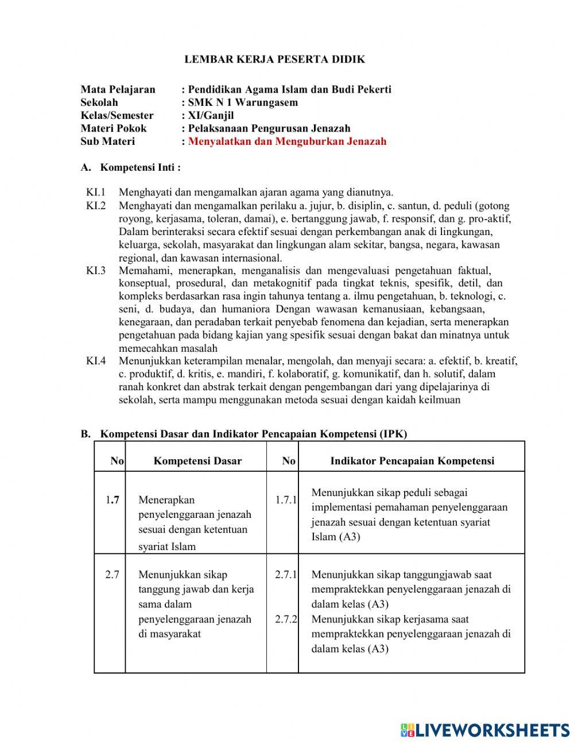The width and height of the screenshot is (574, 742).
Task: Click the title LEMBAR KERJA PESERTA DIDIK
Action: point(274,59)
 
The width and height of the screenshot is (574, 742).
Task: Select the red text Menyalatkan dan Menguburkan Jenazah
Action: point(287,141)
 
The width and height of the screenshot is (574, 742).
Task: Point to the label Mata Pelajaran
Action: point(118,89)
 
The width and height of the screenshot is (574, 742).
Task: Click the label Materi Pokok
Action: point(113,128)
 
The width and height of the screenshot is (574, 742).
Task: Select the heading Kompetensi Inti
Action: point(140,167)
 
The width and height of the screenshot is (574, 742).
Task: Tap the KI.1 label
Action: point(96,193)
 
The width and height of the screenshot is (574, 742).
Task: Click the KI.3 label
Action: point(96,270)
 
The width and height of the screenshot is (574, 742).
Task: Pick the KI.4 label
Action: point(96,361)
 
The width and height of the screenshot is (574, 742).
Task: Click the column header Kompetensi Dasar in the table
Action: point(197,461)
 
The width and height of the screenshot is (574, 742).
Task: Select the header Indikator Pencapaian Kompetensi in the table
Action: point(412,461)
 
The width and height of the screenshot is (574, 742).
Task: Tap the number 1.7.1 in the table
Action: point(285,500)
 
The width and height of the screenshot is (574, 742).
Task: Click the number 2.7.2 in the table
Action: point(285,620)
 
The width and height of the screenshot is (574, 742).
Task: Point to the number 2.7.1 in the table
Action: point(285,575)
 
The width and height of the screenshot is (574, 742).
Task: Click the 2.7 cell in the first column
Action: point(112,575)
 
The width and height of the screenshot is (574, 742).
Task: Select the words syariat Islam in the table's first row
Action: point(166,547)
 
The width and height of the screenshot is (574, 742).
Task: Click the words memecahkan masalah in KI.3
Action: point(168,348)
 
